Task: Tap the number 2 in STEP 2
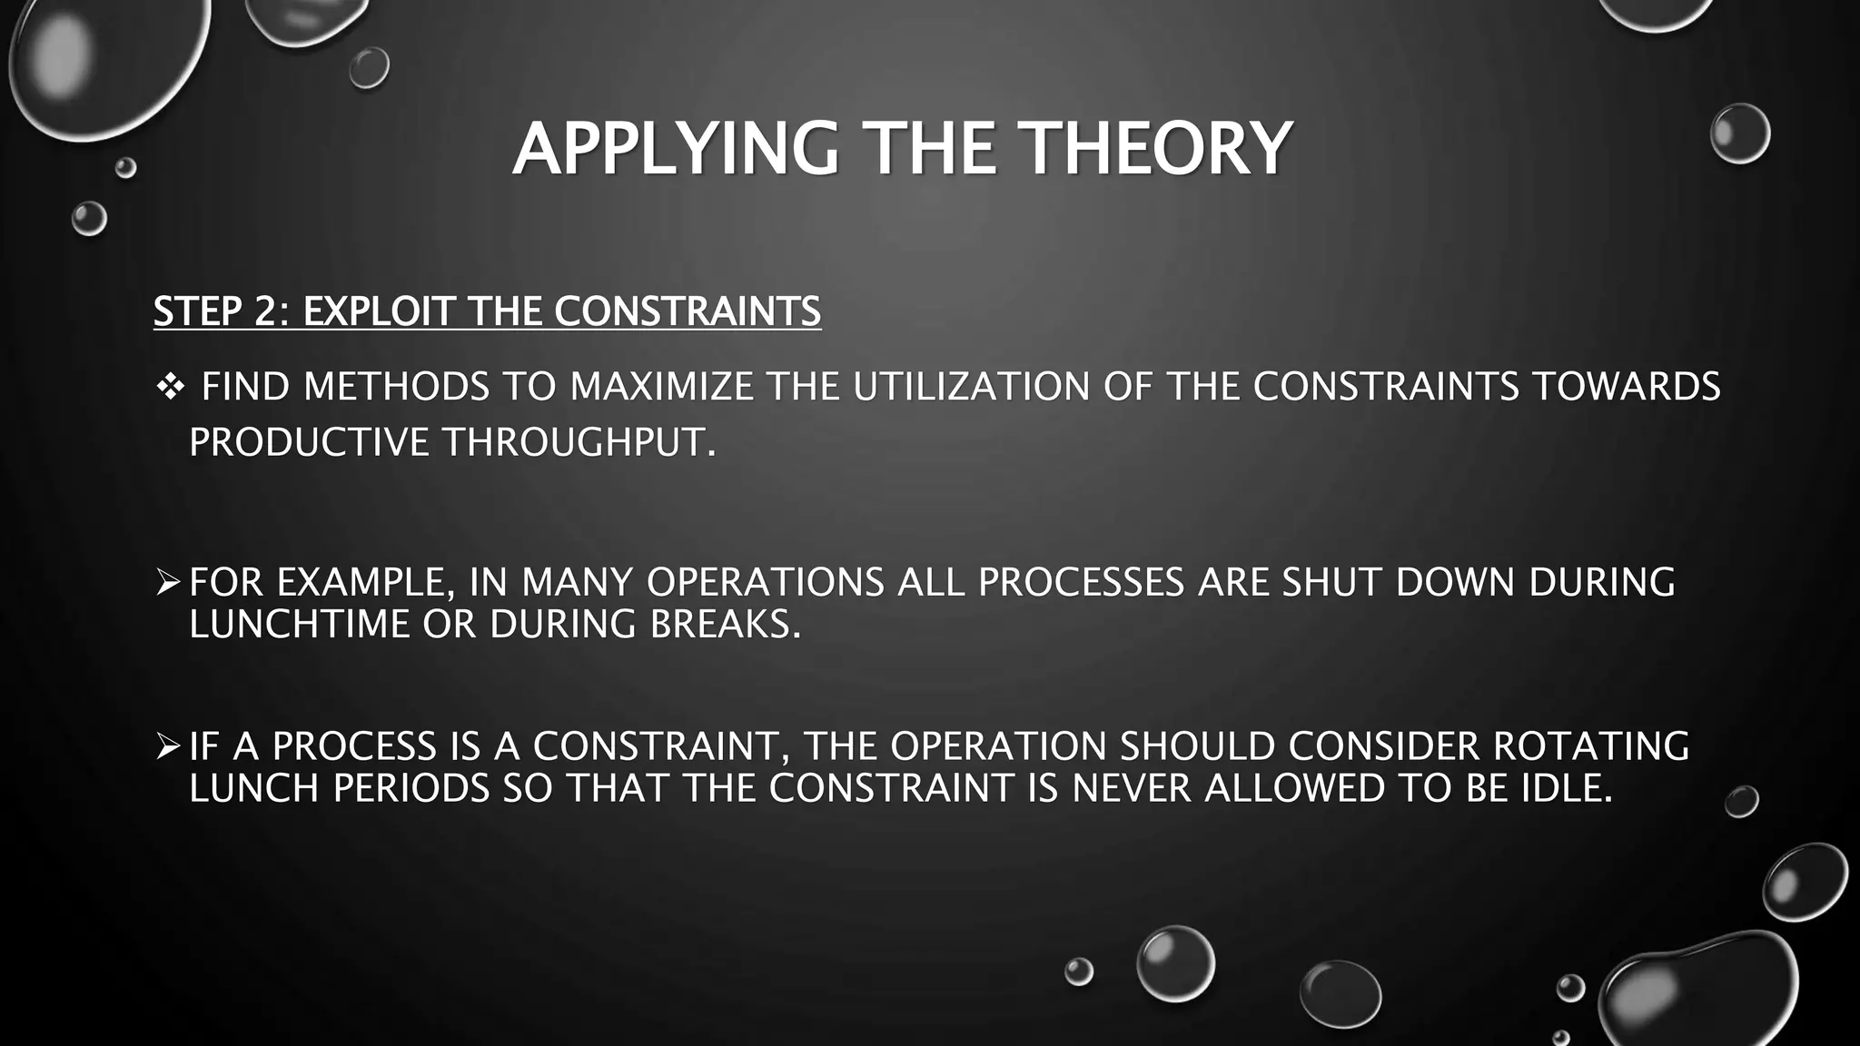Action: (264, 311)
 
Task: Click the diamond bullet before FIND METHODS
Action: (170, 388)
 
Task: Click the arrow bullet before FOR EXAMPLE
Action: (168, 582)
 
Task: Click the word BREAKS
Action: (725, 624)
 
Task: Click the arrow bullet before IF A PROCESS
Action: (168, 746)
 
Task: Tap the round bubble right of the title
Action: (1739, 133)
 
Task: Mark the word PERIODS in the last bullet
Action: (411, 787)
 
